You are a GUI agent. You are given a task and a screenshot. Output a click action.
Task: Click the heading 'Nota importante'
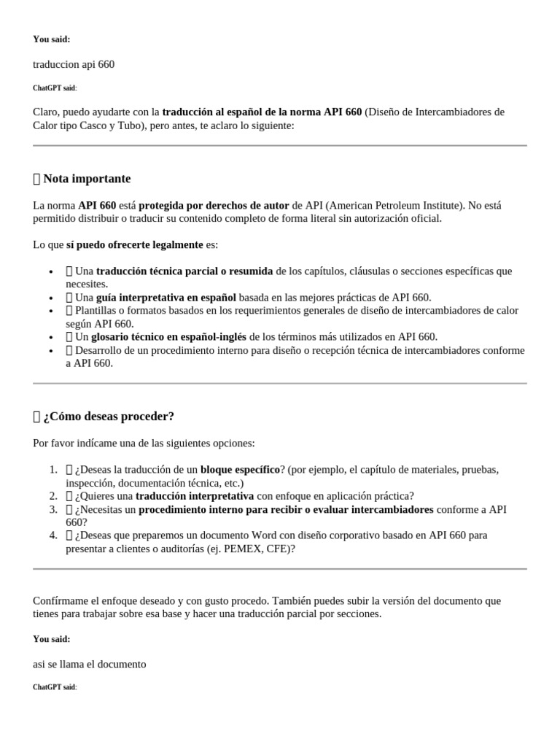[87, 179]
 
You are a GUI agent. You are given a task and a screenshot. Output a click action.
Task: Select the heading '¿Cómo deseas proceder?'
[109, 417]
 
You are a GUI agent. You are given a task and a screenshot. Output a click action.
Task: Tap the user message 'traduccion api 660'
[74, 64]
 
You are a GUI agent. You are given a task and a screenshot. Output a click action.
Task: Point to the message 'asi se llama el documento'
[90, 664]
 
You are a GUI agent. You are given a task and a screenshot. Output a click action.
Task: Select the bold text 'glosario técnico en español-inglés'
[169, 336]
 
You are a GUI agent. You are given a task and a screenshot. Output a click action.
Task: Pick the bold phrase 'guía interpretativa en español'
[166, 297]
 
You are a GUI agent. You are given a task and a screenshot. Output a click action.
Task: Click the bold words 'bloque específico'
[240, 469]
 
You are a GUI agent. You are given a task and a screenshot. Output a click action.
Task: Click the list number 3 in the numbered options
[53, 508]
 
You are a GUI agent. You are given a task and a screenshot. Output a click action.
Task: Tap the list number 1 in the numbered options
[53, 469]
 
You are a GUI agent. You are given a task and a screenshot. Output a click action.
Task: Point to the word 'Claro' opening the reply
[46, 112]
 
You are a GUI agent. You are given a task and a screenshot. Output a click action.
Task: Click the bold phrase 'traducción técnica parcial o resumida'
[184, 271]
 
